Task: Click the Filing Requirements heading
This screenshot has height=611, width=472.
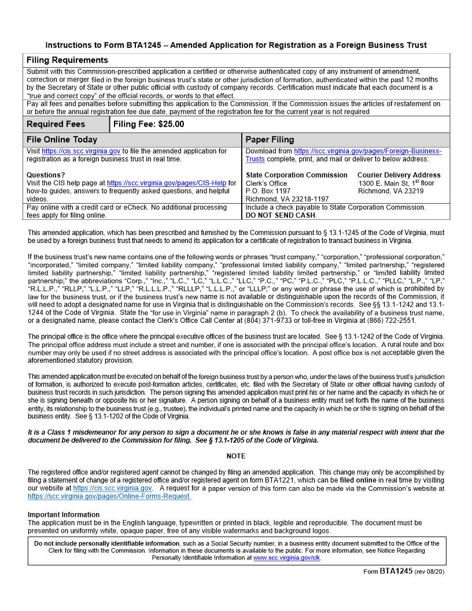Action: pyautogui.click(x=67, y=60)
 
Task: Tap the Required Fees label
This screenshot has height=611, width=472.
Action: pyautogui.click(x=56, y=124)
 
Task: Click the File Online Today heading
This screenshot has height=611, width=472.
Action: pyautogui.click(x=62, y=139)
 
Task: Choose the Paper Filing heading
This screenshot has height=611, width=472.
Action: pyautogui.click(x=270, y=139)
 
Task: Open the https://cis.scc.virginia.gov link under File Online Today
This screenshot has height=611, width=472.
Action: pyautogui.click(x=81, y=151)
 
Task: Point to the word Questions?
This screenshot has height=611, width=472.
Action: pyautogui.click(x=46, y=175)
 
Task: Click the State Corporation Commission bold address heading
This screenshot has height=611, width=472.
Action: pyautogui.click(x=297, y=175)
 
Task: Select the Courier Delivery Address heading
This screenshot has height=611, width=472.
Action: pyautogui.click(x=399, y=175)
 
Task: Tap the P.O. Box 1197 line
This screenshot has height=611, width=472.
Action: pyautogui.click(x=268, y=191)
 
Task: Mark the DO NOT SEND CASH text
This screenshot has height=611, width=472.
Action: pyautogui.click(x=281, y=215)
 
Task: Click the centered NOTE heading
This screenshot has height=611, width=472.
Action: pyautogui.click(x=236, y=457)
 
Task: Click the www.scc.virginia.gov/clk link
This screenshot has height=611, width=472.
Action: pyautogui.click(x=286, y=558)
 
